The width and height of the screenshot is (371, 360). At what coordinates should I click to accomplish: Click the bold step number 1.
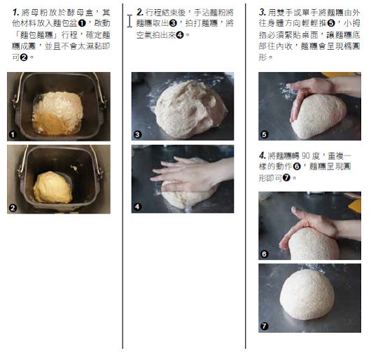[15, 12]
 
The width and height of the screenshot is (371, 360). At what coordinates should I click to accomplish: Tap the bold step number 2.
[140, 12]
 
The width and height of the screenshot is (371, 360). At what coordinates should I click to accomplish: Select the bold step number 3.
[262, 12]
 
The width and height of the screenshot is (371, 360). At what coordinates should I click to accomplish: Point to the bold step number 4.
[262, 155]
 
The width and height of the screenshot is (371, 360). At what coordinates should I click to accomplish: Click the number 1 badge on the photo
[13, 134]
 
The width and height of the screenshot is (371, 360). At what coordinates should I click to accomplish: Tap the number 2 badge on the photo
[13, 208]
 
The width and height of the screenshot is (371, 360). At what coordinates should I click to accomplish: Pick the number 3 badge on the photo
[138, 134]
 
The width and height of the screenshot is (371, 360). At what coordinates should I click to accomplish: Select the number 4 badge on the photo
[138, 207]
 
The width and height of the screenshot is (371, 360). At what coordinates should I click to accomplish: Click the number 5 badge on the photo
[265, 134]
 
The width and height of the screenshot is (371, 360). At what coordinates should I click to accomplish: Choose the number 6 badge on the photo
[265, 254]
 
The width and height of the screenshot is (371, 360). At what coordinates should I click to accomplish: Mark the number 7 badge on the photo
[265, 326]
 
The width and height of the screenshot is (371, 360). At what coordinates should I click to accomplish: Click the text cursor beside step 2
[129, 21]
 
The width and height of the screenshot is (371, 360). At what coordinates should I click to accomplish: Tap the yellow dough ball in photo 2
[52, 188]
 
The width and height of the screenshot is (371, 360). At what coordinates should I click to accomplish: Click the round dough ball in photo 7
[307, 294]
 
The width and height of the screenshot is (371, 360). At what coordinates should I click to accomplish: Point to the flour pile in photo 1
[57, 113]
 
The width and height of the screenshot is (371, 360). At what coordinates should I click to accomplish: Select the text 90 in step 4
[306, 156]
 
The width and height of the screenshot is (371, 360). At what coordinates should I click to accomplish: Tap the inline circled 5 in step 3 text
[331, 23]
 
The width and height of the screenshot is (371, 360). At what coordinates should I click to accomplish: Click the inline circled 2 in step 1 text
[24, 57]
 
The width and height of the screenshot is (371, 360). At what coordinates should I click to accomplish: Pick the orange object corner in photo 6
[355, 205]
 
